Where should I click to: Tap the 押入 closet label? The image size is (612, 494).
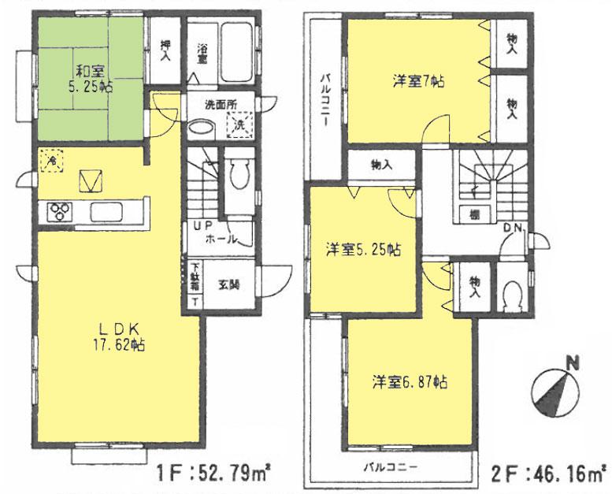click(165, 50)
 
